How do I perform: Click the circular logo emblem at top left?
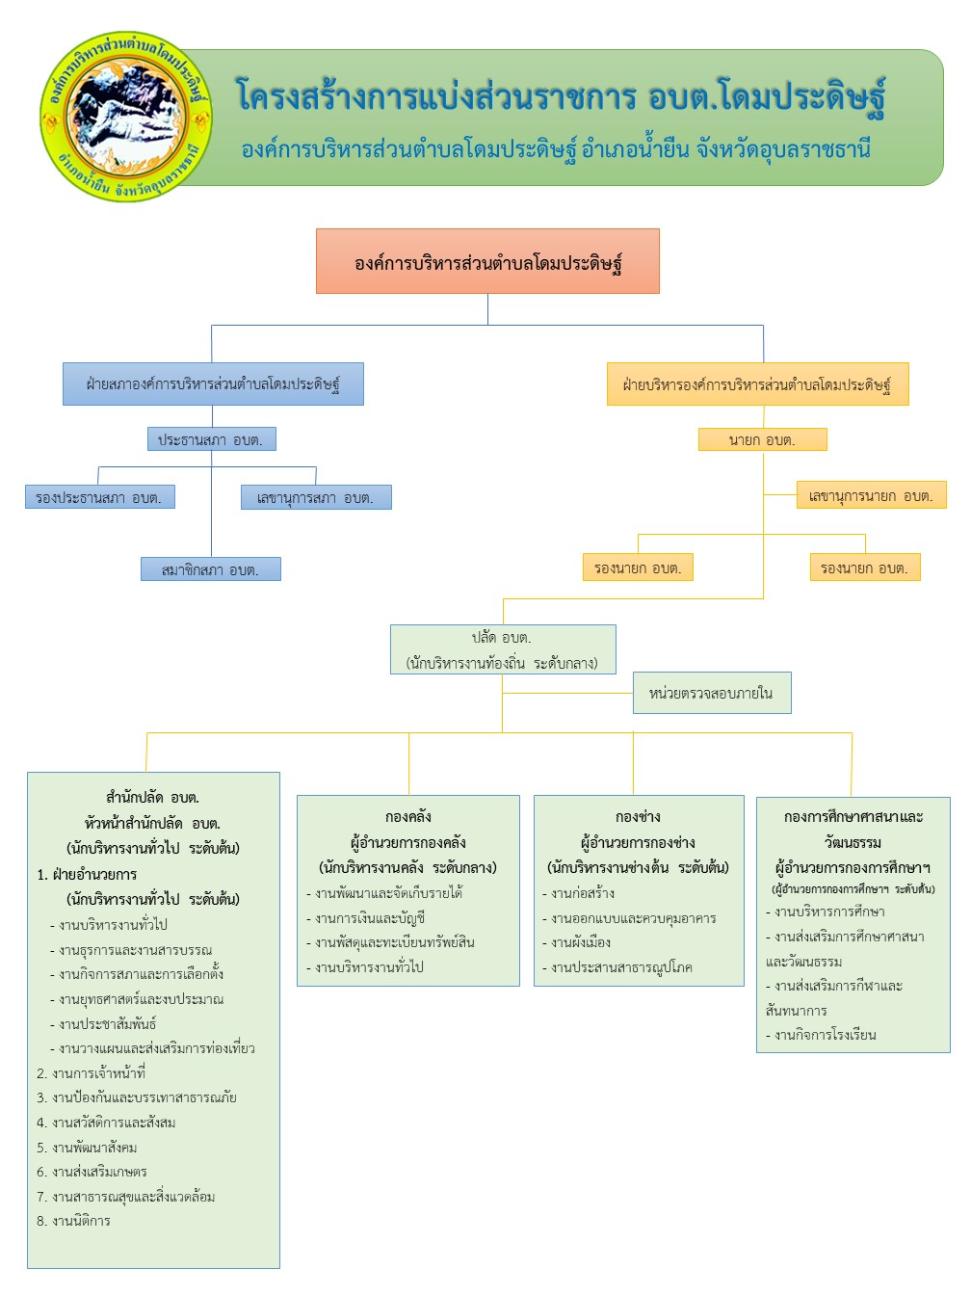125,116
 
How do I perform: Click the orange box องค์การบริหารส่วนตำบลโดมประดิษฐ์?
487,261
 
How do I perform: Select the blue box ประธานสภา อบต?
211,439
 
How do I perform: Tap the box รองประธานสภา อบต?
99,497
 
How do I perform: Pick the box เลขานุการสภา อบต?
316,497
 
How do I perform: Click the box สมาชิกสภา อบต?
211,569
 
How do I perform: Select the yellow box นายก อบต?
762,439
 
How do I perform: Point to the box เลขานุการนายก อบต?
871,495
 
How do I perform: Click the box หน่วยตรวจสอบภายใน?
711,693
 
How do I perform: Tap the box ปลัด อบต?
502,649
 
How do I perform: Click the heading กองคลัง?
408,816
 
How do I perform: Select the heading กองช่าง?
638,816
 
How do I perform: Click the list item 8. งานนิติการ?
74,1221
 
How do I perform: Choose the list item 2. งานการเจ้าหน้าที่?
92,1072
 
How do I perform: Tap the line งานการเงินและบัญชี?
370,918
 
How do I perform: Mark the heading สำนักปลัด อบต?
152,797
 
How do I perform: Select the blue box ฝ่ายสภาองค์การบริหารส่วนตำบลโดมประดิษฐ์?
213,383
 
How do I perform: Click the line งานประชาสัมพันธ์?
107,1023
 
